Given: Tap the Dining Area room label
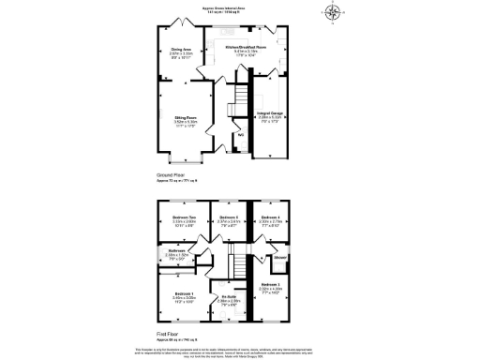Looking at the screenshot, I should point(181,51).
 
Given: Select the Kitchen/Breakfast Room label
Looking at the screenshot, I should point(247,48).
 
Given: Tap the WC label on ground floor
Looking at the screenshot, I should point(241,135).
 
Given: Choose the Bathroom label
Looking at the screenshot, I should point(177,252).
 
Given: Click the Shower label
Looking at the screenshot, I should point(279,255).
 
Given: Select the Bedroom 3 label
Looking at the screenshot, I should point(271,286).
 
